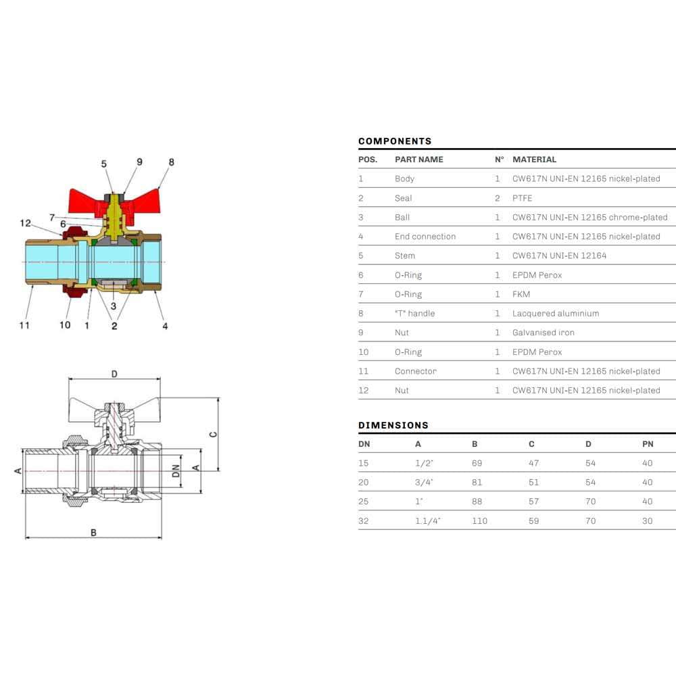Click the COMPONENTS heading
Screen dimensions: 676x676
point(395,141)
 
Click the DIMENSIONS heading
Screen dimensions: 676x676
point(393,425)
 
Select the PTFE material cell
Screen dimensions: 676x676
point(522,198)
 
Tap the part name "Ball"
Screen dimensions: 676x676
point(402,217)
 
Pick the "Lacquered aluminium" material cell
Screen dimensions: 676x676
point(556,314)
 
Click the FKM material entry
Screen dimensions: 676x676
point(521,294)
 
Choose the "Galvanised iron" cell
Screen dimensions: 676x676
point(544,333)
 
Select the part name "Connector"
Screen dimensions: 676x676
point(415,371)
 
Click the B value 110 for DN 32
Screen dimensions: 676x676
point(479,521)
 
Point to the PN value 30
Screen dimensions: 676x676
point(647,521)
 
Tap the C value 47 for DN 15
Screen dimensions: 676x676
point(533,464)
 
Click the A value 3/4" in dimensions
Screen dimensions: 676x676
point(424,483)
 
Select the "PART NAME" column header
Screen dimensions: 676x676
point(418,160)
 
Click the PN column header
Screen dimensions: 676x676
point(648,444)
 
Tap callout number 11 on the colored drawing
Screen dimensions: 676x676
point(24,325)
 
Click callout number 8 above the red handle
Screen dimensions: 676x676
point(172,162)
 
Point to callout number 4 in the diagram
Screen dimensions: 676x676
point(165,326)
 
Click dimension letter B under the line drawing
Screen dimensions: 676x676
point(93,533)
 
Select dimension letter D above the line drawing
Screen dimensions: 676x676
point(114,374)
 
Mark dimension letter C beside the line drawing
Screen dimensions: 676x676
point(214,434)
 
